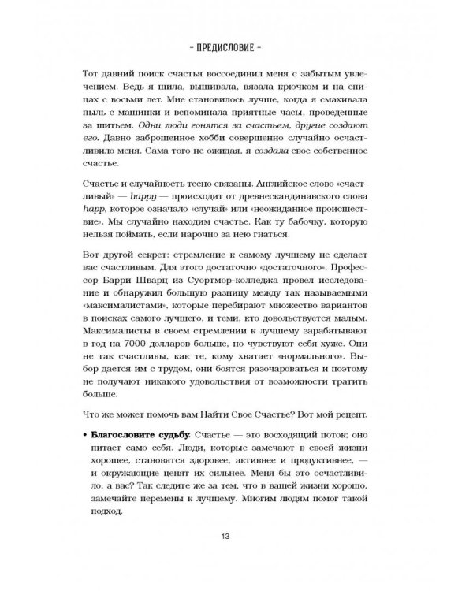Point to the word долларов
(197, 367)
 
